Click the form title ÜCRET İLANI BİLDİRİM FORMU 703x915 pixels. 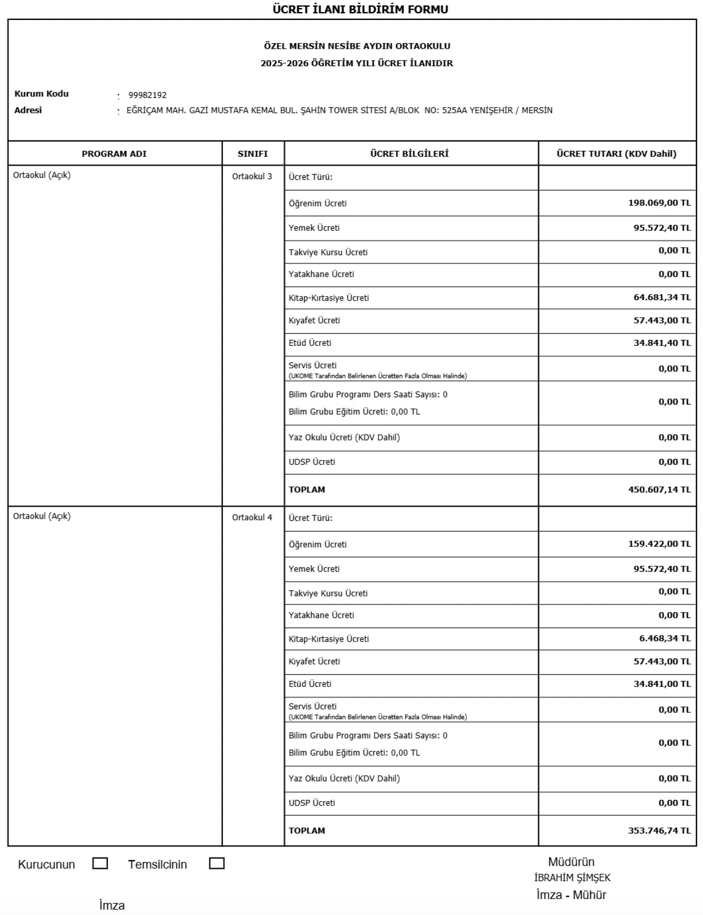click(x=360, y=9)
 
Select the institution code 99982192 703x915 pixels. click(x=148, y=95)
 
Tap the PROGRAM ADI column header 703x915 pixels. click(x=114, y=154)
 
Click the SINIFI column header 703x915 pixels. click(x=252, y=154)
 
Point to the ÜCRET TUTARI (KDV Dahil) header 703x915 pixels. click(x=616, y=154)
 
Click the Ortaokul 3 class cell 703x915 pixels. click(x=252, y=177)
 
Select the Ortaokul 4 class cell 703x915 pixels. click(x=252, y=518)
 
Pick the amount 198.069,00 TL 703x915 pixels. click(x=659, y=203)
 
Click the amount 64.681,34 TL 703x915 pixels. click(x=662, y=297)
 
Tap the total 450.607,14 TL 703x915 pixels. click(x=659, y=490)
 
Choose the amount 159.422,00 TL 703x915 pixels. click(x=659, y=544)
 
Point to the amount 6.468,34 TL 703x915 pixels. click(x=665, y=638)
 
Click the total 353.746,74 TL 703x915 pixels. click(x=659, y=831)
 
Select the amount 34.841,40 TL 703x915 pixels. click(x=662, y=343)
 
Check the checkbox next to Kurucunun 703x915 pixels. click(x=100, y=863)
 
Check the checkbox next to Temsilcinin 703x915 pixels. click(x=216, y=863)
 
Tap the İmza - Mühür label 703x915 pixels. click(x=571, y=895)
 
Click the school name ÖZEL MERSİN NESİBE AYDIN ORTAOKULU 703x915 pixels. click(x=357, y=46)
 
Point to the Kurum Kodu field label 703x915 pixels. click(x=41, y=94)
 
